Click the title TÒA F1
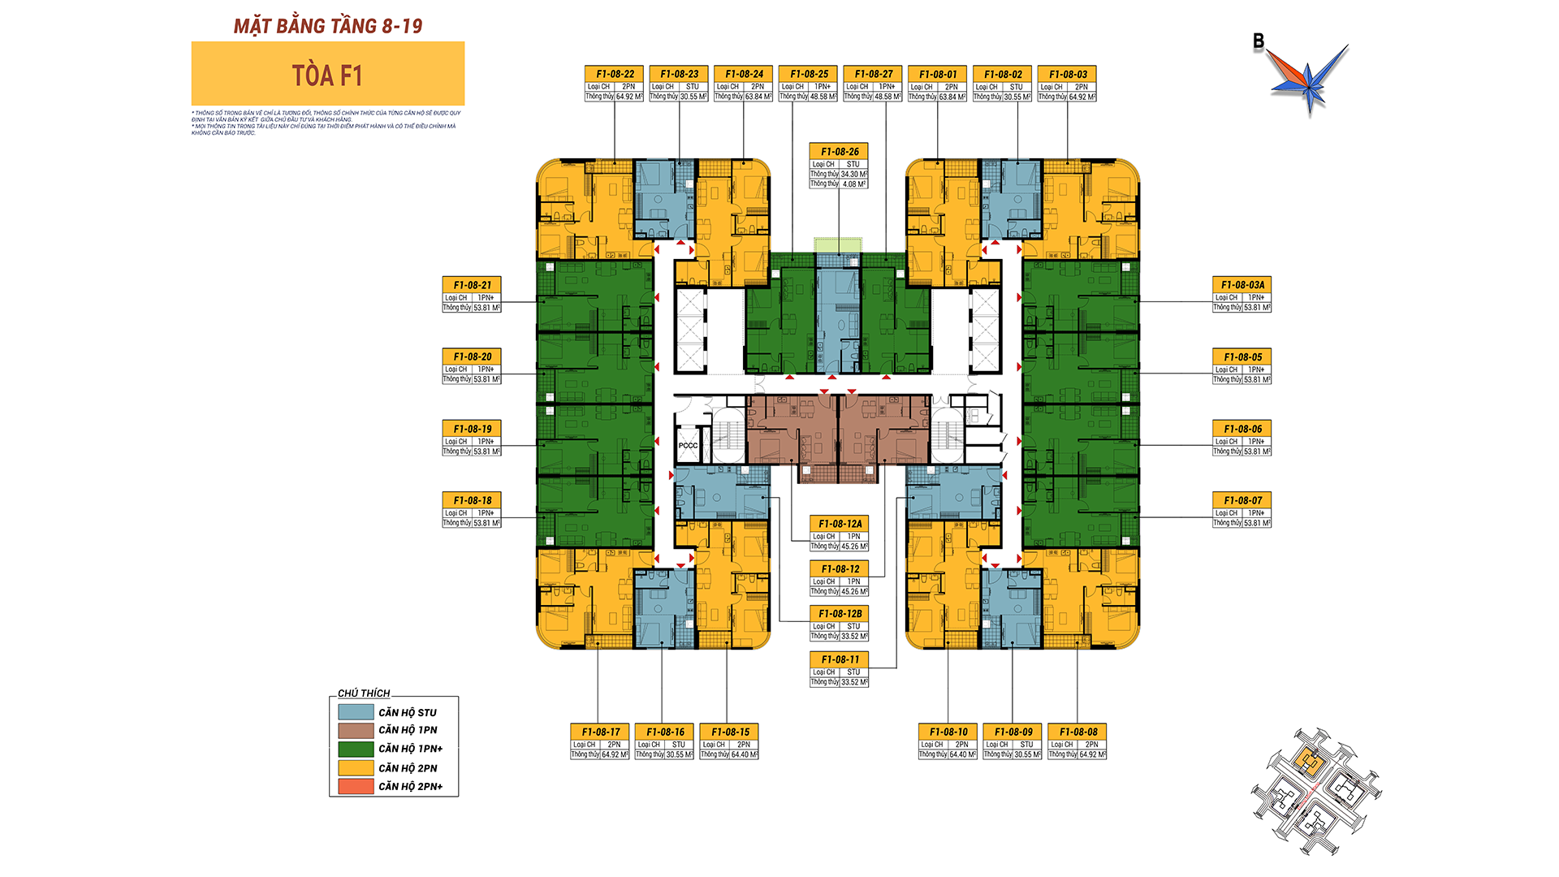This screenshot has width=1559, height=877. [327, 76]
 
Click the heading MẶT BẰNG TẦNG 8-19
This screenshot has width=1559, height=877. [328, 26]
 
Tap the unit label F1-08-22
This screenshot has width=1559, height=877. [615, 74]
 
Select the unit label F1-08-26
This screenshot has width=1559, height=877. [839, 152]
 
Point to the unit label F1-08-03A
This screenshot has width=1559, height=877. [1242, 285]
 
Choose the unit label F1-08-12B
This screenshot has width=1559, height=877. [840, 614]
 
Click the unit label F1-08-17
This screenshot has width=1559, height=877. [600, 732]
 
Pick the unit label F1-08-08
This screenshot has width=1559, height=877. [1077, 732]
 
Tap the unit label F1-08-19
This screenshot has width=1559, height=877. [472, 429]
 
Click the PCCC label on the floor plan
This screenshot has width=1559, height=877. [688, 445]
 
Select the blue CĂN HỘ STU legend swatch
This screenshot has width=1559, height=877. [356, 712]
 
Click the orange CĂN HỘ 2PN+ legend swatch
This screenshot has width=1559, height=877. [356, 786]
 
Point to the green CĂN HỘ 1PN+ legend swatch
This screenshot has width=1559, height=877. [356, 749]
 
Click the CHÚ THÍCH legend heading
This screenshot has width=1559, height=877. [364, 693]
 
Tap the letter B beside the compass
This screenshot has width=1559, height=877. [1259, 41]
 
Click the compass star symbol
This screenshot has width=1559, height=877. [1308, 80]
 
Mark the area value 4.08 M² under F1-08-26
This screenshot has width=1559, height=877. [854, 184]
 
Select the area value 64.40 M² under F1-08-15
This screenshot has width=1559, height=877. [744, 754]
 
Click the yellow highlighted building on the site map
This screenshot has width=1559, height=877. [1307, 761]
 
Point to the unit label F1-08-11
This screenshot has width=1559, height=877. [840, 659]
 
